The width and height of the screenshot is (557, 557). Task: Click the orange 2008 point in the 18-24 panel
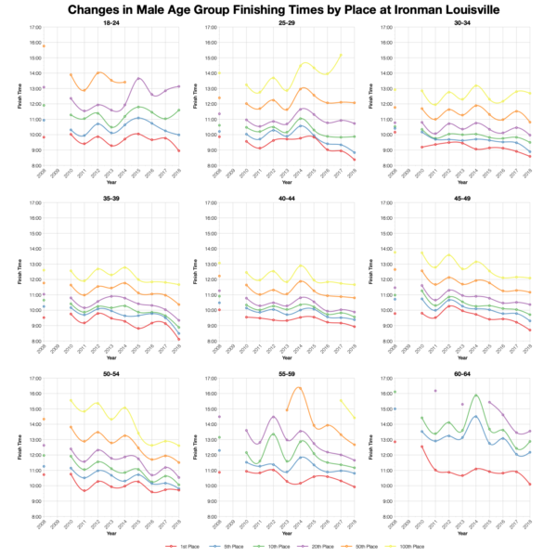[x=43, y=45]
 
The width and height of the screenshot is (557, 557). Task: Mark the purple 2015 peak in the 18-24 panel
[x=138, y=79]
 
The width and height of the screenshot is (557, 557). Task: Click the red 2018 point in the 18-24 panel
[x=179, y=150]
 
